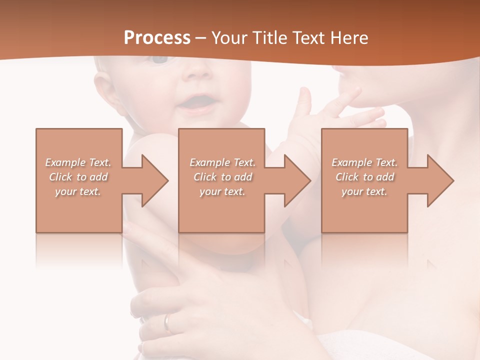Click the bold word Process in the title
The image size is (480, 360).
[157, 38]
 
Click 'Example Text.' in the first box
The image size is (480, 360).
[78, 162]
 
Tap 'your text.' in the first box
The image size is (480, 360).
[78, 191]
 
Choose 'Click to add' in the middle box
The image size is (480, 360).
[222, 177]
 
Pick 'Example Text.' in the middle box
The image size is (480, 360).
[222, 162]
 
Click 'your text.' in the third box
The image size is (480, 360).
[364, 191]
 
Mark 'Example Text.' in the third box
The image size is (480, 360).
[364, 162]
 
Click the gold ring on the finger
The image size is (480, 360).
[168, 322]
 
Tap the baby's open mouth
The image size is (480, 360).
[192, 102]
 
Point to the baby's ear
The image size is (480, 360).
[102, 87]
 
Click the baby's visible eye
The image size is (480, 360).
[160, 59]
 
